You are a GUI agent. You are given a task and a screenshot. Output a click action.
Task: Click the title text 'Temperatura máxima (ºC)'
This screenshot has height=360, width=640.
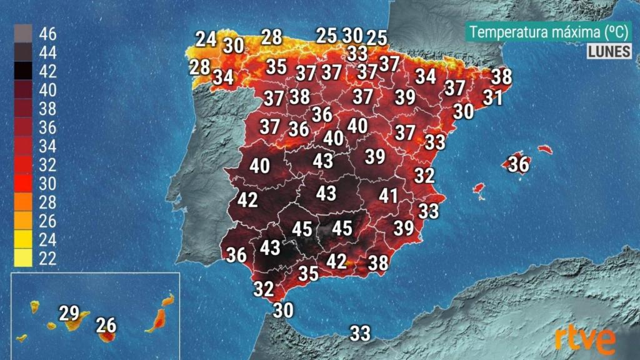point(547,32)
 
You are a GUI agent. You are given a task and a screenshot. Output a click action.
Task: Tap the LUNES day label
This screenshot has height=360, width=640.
point(609,52)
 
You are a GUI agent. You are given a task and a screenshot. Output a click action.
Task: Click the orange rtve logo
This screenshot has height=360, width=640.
point(584,340)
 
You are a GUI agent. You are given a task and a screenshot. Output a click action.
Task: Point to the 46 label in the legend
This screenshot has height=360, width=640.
point(47,34)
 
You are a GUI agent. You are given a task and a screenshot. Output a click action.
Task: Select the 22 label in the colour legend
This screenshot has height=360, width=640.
point(47,258)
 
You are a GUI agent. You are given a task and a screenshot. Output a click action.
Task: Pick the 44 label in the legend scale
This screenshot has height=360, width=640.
point(47,52)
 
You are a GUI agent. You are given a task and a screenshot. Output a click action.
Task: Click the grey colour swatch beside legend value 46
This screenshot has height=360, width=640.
point(23,34)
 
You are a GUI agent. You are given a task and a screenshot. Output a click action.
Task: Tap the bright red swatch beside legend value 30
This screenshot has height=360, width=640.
point(23,183)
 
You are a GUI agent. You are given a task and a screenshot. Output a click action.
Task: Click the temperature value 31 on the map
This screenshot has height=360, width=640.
point(492,97)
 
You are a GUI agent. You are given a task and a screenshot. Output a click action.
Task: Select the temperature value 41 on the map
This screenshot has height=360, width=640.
point(388,196)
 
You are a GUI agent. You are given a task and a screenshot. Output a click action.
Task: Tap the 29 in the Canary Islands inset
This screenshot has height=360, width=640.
point(69,313)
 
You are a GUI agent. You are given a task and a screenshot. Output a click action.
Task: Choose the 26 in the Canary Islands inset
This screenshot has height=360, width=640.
point(106,325)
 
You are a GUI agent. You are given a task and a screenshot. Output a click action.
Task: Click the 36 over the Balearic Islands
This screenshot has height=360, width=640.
point(518,164)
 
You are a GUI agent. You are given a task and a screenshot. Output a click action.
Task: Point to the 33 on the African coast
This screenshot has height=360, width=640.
point(360,333)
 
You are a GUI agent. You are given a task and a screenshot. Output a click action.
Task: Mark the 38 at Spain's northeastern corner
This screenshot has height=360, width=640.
point(501,76)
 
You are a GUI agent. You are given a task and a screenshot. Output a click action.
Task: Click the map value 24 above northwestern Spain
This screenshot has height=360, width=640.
point(206,39)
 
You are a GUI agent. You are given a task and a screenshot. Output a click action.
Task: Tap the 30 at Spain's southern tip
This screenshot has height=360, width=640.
point(283,309)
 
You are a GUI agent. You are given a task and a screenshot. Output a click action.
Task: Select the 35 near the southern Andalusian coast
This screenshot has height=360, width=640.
point(308,274)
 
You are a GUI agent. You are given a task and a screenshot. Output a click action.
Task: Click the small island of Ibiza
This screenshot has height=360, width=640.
point(479,187)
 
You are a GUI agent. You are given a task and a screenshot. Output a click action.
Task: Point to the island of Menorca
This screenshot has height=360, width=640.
point(545,149)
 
